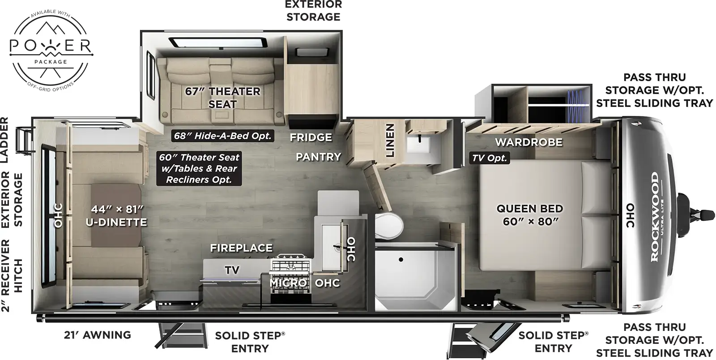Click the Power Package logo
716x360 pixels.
click(51, 49)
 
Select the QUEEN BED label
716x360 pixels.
click(530, 215)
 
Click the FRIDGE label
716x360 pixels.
click(311, 137)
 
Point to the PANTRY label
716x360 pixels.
click(318, 157)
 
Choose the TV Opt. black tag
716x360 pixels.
click(490, 158)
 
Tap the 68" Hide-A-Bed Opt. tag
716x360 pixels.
click(222, 136)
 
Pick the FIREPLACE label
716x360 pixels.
click(241, 248)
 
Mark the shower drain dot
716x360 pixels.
click(401, 259)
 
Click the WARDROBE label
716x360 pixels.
click(528, 142)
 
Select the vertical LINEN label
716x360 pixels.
click(390, 141)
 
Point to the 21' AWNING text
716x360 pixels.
click(97, 335)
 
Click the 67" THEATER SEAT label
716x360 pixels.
click(222, 98)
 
